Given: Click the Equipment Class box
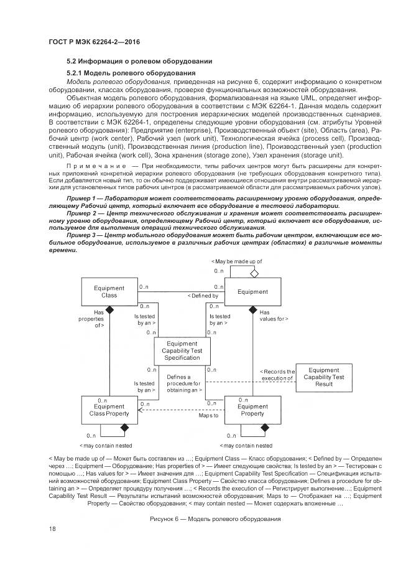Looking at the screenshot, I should pos(109,292).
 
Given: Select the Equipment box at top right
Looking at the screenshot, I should pos(253,292).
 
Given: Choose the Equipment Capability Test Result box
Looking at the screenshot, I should pos(323,377).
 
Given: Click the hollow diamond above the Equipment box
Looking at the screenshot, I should pos(253,273).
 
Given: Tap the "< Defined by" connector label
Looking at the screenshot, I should pos(203,296).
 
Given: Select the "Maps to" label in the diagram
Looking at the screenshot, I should pos(208,415).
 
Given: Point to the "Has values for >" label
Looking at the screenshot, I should pos(274,315).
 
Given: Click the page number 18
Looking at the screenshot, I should pos(52,528).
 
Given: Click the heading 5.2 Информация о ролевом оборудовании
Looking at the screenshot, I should pos(140,61).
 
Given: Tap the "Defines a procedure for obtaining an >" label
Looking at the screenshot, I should pos(182,384).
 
